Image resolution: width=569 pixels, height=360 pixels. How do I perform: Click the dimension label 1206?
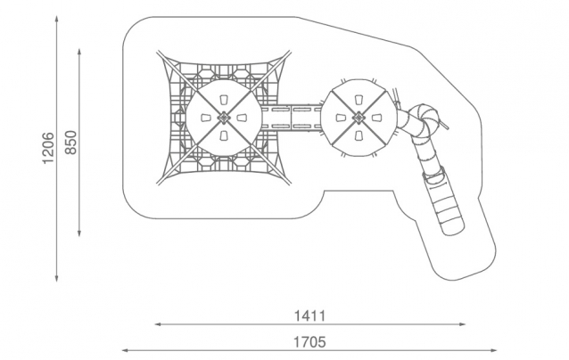[x=48, y=148]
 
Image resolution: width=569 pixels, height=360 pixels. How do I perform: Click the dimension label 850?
[x=71, y=143]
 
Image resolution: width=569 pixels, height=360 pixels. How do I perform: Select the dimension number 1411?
[x=309, y=316]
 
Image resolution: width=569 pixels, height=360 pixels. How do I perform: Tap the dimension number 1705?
[x=309, y=342]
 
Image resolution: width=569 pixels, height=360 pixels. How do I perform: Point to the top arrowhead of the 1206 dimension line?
[x=56, y=19]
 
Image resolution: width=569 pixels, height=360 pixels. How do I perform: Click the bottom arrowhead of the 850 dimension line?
[x=79, y=233]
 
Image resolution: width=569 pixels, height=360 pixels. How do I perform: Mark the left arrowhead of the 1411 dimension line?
[x=158, y=324]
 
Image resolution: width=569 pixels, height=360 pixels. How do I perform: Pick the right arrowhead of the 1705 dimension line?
[x=493, y=350]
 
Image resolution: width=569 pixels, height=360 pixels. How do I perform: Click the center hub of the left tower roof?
[x=224, y=118]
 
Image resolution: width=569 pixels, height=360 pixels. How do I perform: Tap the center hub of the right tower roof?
[x=359, y=118]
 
